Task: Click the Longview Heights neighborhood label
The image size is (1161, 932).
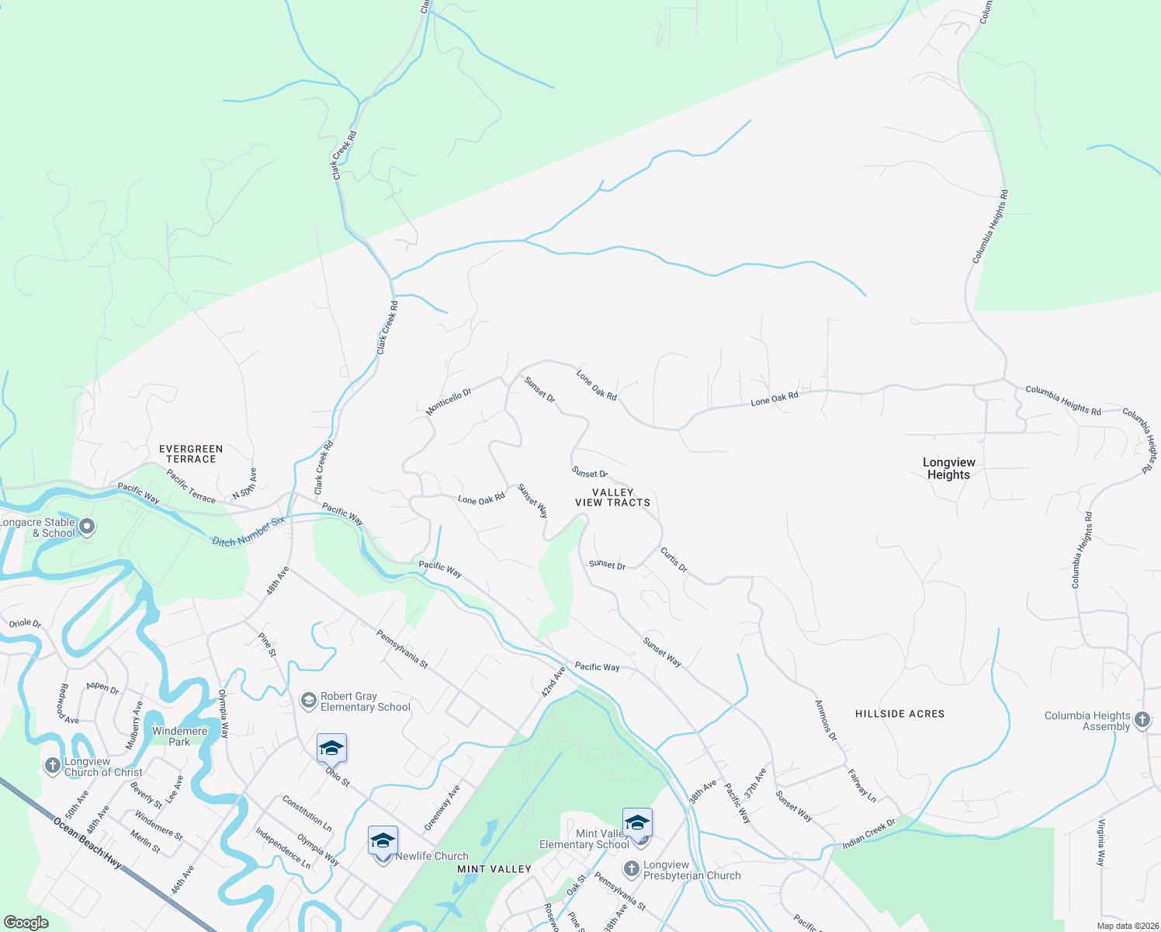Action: [948, 468]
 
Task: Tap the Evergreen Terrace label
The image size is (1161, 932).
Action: [191, 454]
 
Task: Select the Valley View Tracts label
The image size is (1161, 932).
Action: [612, 498]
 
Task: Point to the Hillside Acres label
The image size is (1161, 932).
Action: [899, 714]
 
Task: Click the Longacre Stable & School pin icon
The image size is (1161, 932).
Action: [88, 527]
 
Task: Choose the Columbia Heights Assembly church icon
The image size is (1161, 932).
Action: [1142, 720]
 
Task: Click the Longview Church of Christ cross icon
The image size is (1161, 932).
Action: [52, 767]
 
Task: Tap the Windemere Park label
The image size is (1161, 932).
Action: [179, 736]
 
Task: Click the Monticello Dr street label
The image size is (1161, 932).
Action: [449, 402]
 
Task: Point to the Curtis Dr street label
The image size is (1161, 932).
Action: [674, 559]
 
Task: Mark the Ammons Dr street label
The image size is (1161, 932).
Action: [826, 721]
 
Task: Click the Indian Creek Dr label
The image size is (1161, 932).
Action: [869, 834]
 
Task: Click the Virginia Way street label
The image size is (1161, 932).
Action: [1100, 843]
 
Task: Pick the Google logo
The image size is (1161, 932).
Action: [26, 923]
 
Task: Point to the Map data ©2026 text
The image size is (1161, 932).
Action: [1125, 926]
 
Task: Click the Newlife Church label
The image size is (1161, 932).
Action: [431, 856]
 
